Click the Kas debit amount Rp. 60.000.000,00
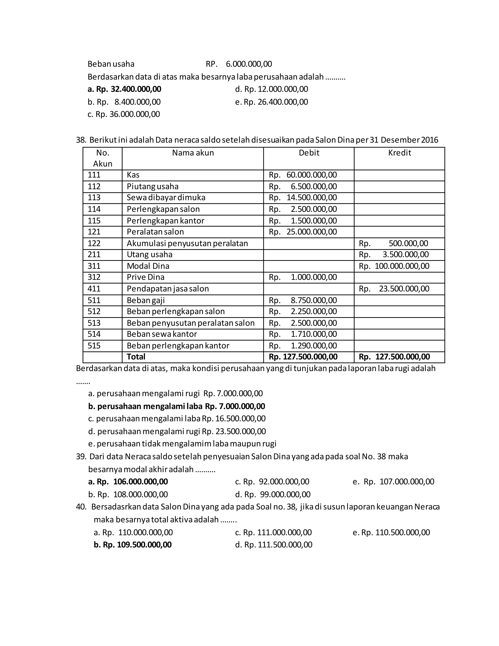coord(303,175)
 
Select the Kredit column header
coord(399,153)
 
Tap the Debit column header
coord(309,153)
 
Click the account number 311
coord(94,266)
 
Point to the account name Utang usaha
coord(149,254)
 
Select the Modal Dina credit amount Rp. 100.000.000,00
coord(394,266)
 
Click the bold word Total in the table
coord(136,357)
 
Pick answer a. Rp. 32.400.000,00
coord(125,89)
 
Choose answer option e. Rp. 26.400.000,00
coord(271,102)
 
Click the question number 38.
coord(80,140)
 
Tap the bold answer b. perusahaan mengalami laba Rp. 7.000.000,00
coord(176,406)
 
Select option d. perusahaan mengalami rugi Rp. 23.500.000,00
coord(177,431)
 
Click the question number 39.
coord(80,456)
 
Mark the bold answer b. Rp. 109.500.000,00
coord(133,545)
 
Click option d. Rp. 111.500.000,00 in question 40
coord(273,545)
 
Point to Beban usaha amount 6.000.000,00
coord(249,64)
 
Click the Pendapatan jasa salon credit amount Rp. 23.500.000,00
coord(394,289)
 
